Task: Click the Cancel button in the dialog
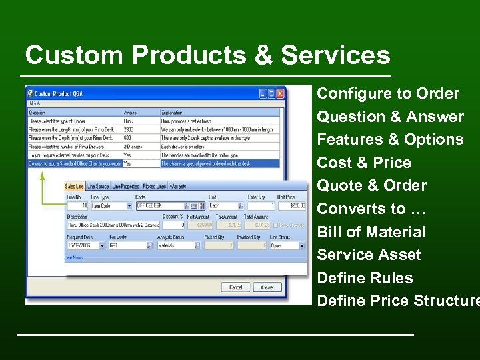coord(235,287)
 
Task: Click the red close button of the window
coord(281,94)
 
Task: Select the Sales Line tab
coord(75,186)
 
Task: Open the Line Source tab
coord(98,186)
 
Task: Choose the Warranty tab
coord(178,186)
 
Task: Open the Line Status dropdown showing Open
coord(287,245)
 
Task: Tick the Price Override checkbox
coord(277,225)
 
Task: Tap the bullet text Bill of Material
coord(371,232)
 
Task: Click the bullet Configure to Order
coord(388,93)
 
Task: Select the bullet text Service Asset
coord(369,255)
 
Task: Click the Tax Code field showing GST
coord(127,245)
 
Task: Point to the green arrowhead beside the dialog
coord(41,176)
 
